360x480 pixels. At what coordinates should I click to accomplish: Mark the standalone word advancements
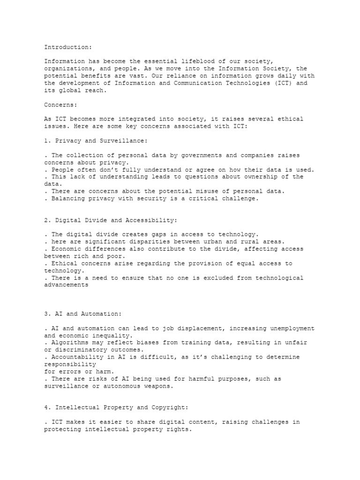pos(66,285)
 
